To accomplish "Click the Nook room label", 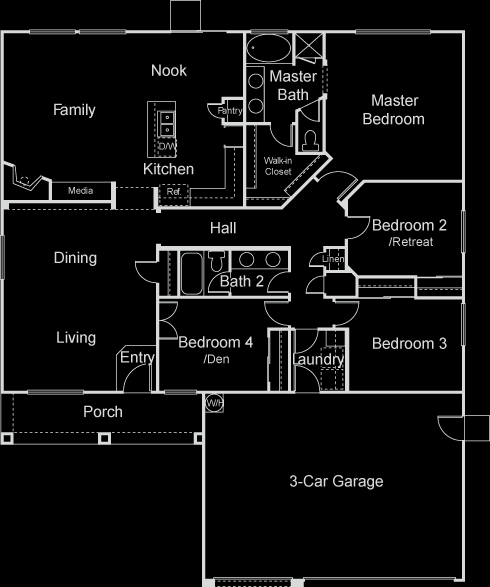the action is click(169, 70).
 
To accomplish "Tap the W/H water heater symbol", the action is click(214, 403).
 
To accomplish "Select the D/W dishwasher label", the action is click(167, 146).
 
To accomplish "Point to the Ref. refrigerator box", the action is click(173, 195).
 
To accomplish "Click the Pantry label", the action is click(230, 111).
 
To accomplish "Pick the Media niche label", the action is click(80, 191).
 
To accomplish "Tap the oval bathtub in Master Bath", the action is click(268, 48).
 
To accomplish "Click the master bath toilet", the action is click(310, 140).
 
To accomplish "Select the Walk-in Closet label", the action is click(278, 166).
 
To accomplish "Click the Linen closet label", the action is click(333, 259).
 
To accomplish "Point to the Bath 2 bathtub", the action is click(191, 273).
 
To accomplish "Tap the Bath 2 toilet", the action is click(216, 260).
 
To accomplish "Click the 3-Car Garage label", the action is click(336, 481).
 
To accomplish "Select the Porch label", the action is click(103, 412).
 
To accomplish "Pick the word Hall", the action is click(223, 228).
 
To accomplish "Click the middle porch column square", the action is click(104, 438).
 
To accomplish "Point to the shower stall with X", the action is click(309, 46).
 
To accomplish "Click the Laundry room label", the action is click(319, 359).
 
